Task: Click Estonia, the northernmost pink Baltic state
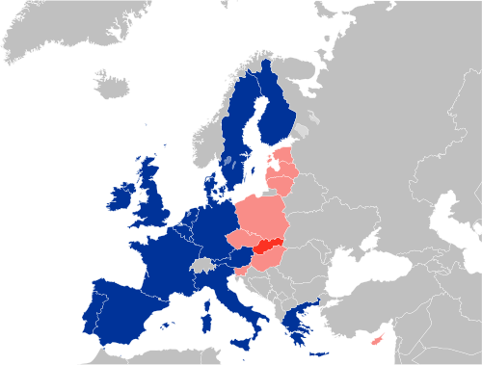point(285,156)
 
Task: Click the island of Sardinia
point(206,313)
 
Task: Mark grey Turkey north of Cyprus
point(386,308)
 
